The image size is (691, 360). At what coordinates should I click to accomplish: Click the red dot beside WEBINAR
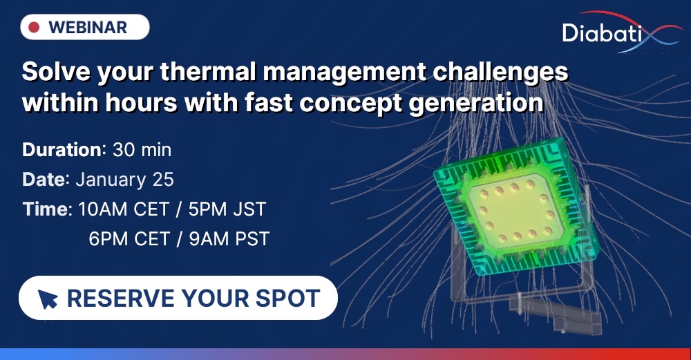(33, 28)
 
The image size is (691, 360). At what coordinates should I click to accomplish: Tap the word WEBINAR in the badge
(88, 28)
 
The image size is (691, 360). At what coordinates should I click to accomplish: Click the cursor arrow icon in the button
(48, 299)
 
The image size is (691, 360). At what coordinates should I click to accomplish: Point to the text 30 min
(142, 149)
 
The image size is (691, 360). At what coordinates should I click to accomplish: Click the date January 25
(124, 180)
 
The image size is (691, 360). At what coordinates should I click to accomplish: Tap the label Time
(46, 209)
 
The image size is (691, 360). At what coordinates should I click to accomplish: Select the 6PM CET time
(129, 239)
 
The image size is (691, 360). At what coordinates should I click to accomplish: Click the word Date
(44, 180)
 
